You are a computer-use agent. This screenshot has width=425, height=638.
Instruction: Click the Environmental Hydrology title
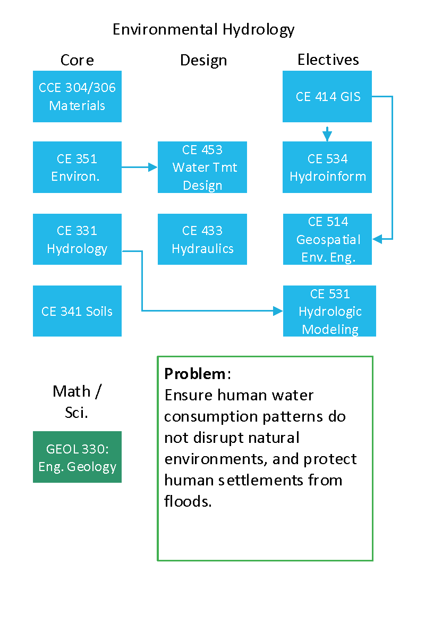coord(203,30)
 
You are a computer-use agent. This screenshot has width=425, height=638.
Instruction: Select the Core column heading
coord(77,60)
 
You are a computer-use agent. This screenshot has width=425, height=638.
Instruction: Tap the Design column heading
coord(203,61)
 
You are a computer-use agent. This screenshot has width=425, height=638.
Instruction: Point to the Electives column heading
coord(328,60)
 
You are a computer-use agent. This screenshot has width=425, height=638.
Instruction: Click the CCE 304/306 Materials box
coord(77,96)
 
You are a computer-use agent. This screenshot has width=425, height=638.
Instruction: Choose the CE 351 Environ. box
coord(77,167)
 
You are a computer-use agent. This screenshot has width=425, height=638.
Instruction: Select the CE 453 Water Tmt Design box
coord(202,167)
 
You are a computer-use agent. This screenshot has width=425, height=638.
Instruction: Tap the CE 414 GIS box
coord(327,96)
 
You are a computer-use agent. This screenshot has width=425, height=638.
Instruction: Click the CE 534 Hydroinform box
coord(327,167)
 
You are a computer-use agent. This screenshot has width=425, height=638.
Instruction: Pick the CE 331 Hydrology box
coord(77,239)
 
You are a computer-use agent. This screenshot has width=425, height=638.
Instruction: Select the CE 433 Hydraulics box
coord(202,239)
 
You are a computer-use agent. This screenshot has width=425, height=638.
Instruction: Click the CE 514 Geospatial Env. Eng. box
coord(327,239)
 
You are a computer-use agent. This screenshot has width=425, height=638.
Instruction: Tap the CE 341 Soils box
coord(77,311)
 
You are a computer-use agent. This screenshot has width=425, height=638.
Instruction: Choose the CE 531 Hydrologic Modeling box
coord(329,311)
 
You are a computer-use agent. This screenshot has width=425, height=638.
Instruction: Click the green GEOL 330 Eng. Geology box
coord(77,457)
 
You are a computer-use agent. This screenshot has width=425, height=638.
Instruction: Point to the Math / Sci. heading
coord(77,401)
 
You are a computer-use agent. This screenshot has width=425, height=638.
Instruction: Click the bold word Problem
coord(195,374)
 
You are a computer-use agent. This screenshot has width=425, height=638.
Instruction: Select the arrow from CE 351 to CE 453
coord(140,167)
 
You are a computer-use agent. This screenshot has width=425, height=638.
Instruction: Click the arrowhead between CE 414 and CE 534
coord(327,136)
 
